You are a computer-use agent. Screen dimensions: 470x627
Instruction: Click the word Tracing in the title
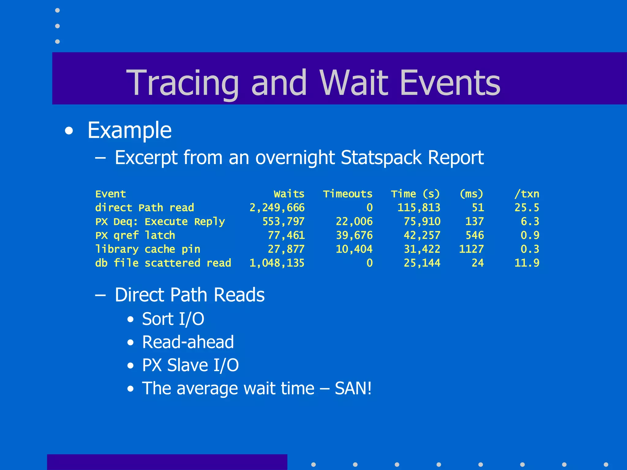182,83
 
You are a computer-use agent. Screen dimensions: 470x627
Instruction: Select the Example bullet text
129,130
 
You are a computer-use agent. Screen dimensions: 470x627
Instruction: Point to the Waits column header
289,194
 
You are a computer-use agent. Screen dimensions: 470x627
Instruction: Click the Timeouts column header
347,194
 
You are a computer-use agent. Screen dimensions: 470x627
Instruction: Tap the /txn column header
527,194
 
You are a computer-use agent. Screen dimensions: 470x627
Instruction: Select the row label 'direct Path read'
145,208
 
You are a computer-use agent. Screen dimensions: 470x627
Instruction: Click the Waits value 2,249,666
277,208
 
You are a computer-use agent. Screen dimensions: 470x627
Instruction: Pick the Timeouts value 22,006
354,222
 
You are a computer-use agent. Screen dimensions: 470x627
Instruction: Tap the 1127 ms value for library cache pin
471,249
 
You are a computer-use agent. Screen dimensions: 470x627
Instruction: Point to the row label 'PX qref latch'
135,235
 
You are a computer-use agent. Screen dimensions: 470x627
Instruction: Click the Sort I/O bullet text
173,319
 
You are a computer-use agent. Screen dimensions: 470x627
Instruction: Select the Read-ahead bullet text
188,342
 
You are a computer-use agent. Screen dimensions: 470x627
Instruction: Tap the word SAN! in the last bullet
353,388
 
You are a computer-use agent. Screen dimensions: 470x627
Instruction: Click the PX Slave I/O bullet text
190,365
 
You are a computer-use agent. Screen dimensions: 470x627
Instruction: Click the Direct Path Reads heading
190,295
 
